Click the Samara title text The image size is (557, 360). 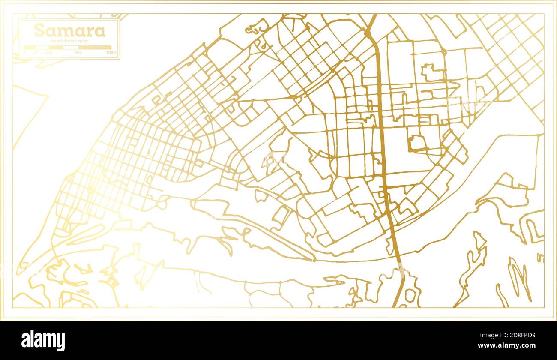click(x=69, y=30)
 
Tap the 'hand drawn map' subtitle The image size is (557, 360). click(x=69, y=40)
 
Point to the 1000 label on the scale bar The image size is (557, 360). click(x=111, y=53)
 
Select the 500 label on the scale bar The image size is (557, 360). click(x=78, y=53)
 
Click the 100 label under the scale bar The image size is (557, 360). click(x=49, y=53)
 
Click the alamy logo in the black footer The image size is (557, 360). click(x=43, y=341)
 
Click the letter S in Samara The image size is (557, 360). click(x=39, y=30)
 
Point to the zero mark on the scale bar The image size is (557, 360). click(x=24, y=53)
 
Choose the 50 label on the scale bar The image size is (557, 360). click(x=36, y=53)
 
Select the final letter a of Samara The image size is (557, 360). click(x=100, y=31)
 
